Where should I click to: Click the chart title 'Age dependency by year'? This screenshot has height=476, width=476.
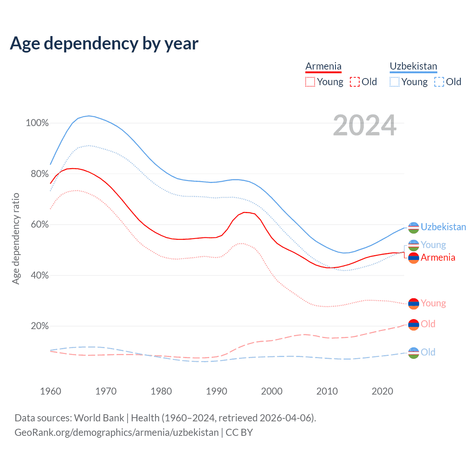coord(104,44)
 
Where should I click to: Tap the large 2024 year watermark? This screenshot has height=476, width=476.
coord(364,125)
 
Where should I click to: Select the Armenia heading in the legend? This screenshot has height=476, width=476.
coord(323,66)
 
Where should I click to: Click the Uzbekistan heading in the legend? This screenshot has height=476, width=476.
coord(413,66)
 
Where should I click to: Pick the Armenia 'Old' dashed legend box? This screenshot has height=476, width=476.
coord(355,82)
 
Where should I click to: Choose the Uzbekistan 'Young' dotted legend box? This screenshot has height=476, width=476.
coord(395,82)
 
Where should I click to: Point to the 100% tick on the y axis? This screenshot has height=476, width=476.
coord(37,123)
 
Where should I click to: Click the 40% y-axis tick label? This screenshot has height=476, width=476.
coord(40,276)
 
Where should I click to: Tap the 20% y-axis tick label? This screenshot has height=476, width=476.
coord(40,326)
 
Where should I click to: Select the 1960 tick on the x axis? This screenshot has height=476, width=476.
coord(51,391)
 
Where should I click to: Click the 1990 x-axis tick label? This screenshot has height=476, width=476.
coord(216,391)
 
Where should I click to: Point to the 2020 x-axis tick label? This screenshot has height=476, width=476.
coord(382,391)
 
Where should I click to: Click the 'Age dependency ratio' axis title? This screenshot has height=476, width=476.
coord(16,238)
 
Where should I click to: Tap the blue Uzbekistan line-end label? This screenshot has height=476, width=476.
coord(443,227)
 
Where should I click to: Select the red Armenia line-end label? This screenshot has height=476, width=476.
coord(438,257)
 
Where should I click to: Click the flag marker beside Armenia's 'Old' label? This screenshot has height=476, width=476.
coord(414,325)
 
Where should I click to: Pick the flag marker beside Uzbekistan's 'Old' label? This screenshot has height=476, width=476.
coord(414,353)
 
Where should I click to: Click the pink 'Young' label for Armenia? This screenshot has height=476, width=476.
coord(433,303)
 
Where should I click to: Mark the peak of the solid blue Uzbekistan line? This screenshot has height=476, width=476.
coord(89,116)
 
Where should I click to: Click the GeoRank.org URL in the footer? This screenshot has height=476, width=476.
coord(116,432)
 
